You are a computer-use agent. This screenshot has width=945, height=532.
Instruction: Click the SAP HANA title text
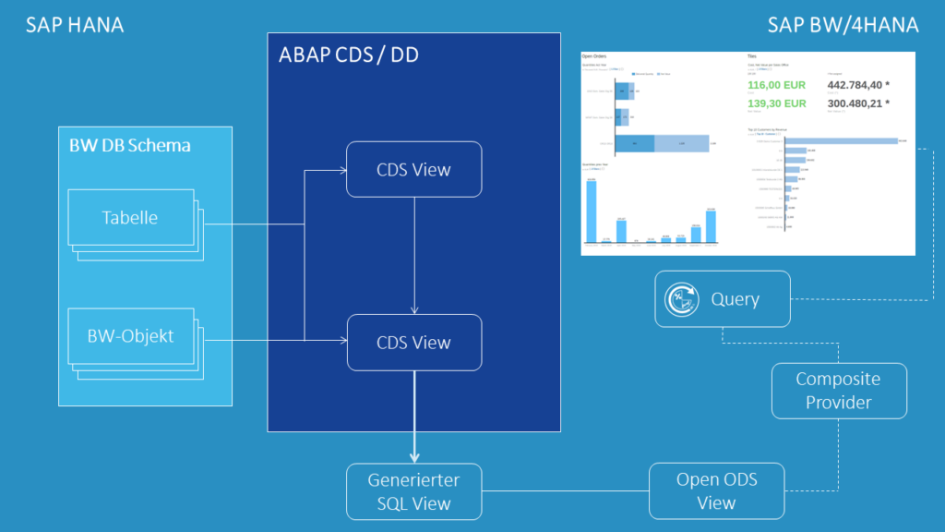click(75, 25)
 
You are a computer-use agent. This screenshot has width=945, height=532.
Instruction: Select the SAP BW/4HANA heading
click(843, 25)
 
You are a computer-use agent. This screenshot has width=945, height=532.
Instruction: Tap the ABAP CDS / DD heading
click(348, 55)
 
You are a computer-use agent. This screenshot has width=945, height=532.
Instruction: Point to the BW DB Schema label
click(130, 145)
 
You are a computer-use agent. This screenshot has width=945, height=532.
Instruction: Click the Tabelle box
click(129, 218)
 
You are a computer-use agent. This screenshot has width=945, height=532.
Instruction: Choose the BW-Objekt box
click(129, 336)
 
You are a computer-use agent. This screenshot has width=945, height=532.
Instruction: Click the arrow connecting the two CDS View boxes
click(414, 255)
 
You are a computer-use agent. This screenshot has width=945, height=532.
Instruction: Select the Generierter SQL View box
click(413, 491)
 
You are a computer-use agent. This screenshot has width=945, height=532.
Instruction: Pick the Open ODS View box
click(716, 491)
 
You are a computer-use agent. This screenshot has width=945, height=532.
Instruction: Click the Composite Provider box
click(838, 391)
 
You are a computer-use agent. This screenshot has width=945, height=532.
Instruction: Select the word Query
click(736, 299)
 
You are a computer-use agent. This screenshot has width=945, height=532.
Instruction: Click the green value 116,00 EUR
click(777, 84)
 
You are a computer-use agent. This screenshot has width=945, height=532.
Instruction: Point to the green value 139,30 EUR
click(777, 103)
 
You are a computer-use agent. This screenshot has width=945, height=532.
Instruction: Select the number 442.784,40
click(860, 84)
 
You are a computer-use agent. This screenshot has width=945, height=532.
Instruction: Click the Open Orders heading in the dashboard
click(594, 56)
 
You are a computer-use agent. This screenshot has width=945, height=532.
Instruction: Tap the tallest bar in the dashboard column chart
click(591, 212)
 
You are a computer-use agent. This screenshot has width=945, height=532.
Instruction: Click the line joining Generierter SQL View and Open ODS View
click(565, 491)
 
